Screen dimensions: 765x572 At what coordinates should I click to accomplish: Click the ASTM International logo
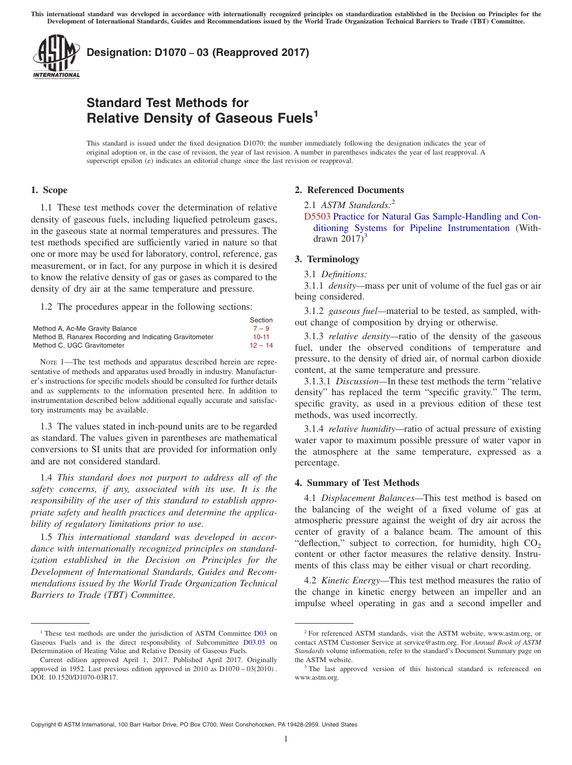pos(55,57)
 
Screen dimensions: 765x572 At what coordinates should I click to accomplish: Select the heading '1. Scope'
pos(49,190)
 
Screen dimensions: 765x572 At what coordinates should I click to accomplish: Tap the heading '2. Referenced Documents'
pos(349,190)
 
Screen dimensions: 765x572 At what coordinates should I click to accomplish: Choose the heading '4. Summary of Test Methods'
pos(356,483)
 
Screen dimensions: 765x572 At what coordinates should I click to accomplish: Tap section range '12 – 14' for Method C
pos(261,346)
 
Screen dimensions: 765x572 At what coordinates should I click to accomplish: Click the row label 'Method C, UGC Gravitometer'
pos(79,346)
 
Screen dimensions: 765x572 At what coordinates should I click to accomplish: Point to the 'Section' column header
pos(261,320)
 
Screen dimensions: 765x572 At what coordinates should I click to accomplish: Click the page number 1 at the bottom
pos(286,739)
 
